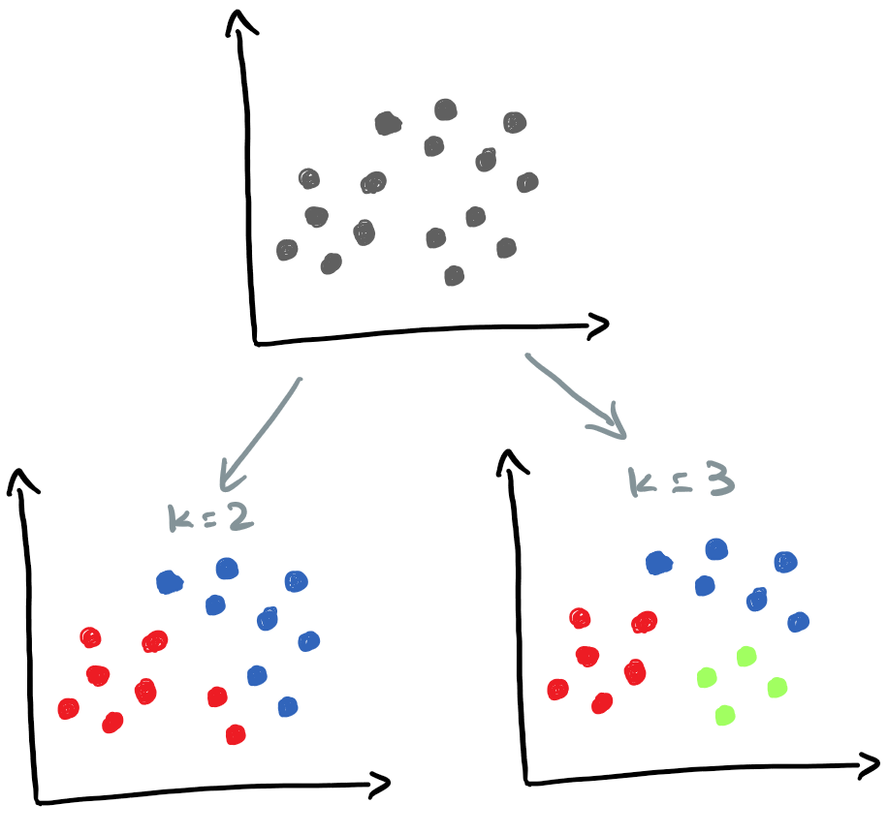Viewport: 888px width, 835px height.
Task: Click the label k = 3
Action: click(x=682, y=480)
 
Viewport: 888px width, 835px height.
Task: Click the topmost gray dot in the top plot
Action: click(x=445, y=109)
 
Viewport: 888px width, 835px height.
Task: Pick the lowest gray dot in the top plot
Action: click(x=454, y=276)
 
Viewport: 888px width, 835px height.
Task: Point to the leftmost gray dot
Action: click(x=286, y=250)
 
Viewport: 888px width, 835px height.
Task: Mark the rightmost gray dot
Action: click(x=527, y=181)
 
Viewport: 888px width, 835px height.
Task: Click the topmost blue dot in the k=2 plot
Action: click(x=227, y=569)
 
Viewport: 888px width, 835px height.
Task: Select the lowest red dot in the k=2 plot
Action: click(x=235, y=735)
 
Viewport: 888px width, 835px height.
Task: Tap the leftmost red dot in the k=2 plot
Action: click(x=68, y=709)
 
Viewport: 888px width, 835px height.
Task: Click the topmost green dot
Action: click(x=745, y=657)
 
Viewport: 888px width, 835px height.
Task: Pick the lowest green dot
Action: click(x=723, y=716)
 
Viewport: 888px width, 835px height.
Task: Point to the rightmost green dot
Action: click(x=777, y=688)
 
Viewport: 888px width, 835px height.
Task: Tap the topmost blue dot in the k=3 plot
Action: click(x=716, y=549)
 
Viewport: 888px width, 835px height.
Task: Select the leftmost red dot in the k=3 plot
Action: click(x=557, y=690)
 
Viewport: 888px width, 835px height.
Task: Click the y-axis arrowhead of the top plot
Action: click(x=238, y=21)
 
